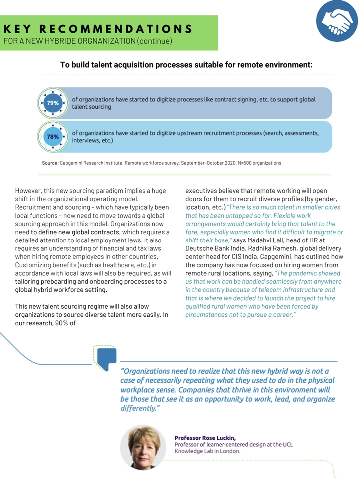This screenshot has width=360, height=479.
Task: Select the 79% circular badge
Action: point(53,103)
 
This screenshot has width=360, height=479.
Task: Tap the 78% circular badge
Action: point(53,136)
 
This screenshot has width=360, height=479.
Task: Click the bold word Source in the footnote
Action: point(50,163)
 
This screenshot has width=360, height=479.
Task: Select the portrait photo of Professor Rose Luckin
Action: point(143,447)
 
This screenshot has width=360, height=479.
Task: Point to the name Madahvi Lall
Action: point(266,240)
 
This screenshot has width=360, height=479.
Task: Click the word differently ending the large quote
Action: point(138,408)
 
